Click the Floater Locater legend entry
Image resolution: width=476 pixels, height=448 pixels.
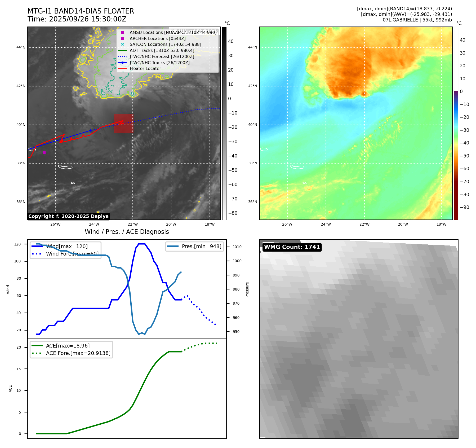145,69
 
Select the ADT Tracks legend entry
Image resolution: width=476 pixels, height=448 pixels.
162,51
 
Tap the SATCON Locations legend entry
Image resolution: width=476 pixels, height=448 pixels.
165,45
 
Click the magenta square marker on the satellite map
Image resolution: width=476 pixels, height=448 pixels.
44,152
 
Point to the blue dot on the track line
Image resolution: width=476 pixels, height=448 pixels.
90,130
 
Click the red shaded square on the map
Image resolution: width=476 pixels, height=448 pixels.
123,123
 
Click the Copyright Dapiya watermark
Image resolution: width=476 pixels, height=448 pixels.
68,216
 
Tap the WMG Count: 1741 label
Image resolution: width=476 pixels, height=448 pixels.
292,247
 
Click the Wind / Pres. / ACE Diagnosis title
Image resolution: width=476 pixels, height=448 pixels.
127,232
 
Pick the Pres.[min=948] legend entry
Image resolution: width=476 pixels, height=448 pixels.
201,246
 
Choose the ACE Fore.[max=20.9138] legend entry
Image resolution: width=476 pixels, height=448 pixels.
78,353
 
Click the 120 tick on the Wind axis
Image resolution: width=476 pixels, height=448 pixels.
17,244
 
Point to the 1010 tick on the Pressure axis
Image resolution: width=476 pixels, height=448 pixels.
237,247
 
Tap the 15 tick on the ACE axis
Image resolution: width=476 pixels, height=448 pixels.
19,369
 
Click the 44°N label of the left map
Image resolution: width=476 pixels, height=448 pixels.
21,47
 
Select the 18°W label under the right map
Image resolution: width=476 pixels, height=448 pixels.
441,224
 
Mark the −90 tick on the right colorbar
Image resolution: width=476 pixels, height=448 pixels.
464,207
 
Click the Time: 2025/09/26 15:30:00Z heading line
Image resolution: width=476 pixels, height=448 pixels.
77,19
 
